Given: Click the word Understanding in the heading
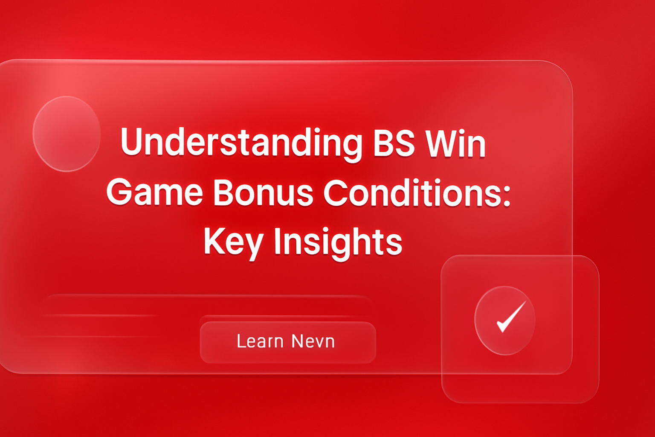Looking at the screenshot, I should point(241,143).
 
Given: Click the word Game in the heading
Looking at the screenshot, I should point(154,192).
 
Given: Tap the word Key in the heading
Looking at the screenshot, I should point(233,242).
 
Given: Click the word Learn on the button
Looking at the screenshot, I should point(260,341).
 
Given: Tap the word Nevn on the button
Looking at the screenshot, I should point(313,341).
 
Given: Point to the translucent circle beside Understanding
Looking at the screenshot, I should point(67,134).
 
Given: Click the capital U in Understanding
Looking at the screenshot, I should point(131,142).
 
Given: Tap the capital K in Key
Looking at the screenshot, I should point(213,241).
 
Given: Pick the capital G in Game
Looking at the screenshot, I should point(119,192).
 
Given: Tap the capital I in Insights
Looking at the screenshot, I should point(278,241).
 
